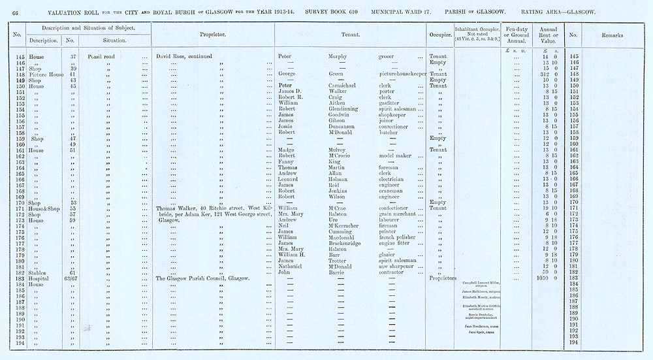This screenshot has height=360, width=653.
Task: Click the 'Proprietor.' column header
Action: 212,35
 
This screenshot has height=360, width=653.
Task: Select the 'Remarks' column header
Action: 612,35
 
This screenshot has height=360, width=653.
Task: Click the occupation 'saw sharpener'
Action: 398,265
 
